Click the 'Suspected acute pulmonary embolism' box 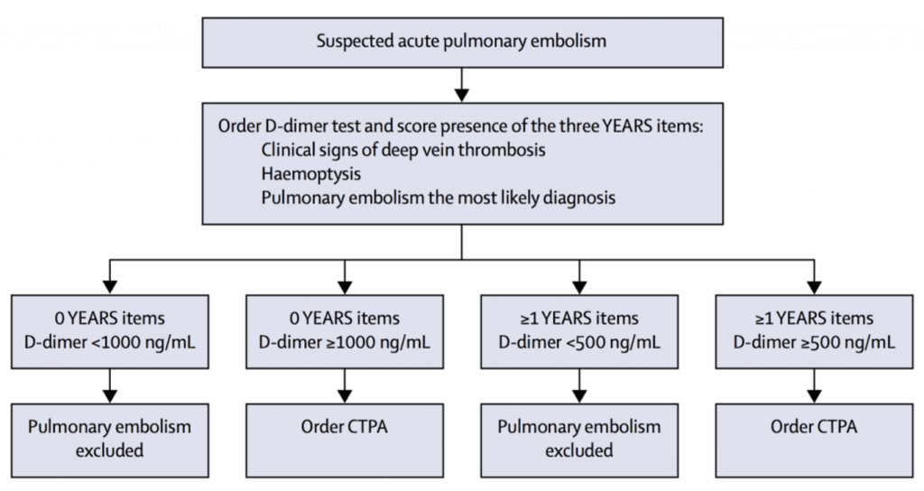coord(461,41)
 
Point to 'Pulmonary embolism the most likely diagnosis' coord(439,196)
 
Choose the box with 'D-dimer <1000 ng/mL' coord(109,329)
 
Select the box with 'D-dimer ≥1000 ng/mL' coord(344,329)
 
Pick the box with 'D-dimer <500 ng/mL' coord(578,329)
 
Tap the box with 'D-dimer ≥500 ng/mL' coord(813,329)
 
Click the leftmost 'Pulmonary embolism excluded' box coord(109,438)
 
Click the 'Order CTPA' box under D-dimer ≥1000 coord(344,427)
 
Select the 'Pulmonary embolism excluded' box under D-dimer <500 coord(578,438)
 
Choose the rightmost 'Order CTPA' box coord(813,427)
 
